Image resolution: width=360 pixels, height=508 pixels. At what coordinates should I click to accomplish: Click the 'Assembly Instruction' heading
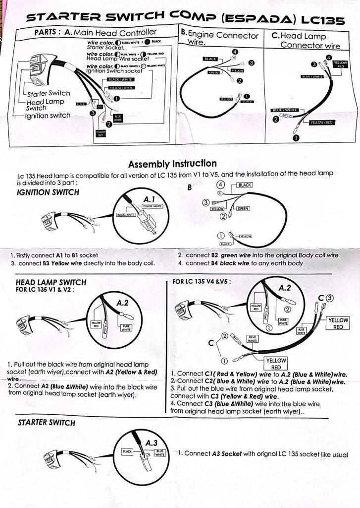coord(172,164)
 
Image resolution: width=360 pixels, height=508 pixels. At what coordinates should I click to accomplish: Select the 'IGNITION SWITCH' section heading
coord(48,192)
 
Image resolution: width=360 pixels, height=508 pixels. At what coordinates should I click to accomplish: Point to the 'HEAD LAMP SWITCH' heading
coord(51,282)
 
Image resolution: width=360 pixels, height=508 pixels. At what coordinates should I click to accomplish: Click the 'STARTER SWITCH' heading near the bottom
coord(47,423)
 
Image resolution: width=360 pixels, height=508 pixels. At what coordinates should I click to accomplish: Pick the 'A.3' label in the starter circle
coord(152,442)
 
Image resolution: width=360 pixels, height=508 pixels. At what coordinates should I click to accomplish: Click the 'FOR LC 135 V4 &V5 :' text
coord(202,282)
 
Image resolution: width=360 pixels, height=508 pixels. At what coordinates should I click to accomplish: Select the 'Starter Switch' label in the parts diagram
coord(49,93)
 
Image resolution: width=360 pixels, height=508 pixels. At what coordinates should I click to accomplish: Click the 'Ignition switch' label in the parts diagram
coord(48,116)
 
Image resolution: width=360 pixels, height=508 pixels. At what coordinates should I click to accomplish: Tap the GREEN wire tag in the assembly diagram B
coord(243,209)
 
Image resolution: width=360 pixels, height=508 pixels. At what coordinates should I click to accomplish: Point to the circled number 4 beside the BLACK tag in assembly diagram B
coord(219,184)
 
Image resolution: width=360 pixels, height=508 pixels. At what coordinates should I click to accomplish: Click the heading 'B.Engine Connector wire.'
coord(220,38)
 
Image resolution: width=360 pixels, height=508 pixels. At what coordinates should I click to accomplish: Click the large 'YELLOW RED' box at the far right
coord(338,323)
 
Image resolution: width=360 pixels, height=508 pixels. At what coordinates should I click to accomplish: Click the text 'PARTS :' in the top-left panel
coord(48,32)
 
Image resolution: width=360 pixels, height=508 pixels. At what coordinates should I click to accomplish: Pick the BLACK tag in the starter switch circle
coord(127,452)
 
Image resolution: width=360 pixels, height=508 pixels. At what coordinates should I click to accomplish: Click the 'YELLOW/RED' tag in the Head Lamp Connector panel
coord(321,122)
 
